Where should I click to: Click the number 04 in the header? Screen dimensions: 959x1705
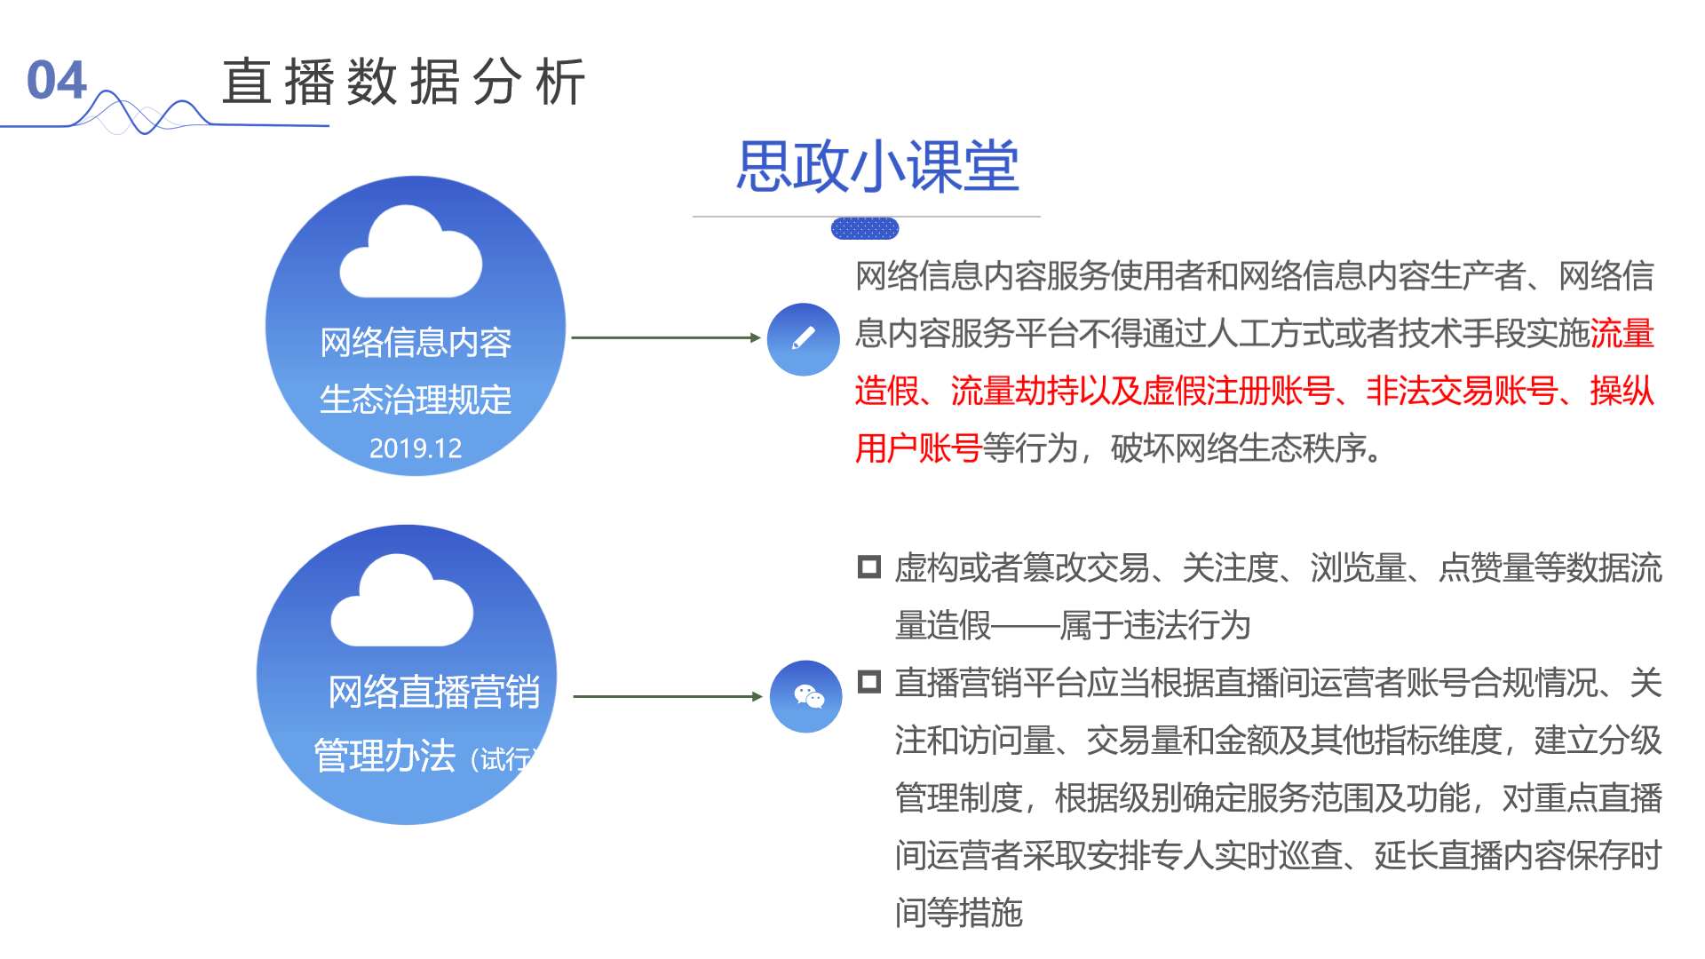[56, 81]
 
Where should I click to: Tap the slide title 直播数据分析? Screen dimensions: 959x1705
[403, 82]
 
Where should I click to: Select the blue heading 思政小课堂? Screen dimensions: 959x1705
[877, 166]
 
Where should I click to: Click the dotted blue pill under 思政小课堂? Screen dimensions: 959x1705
[865, 229]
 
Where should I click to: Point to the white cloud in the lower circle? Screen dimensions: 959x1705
[401, 603]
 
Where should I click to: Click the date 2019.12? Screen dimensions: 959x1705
[416, 448]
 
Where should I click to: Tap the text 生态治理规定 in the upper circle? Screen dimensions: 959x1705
[416, 400]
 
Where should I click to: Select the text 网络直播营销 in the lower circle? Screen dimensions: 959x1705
[434, 692]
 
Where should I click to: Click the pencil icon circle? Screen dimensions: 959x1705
[804, 339]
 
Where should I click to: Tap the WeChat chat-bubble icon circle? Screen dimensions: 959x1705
[806, 697]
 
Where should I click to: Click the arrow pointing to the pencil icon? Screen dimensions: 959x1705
[666, 337]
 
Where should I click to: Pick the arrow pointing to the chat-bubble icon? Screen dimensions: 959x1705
[668, 696]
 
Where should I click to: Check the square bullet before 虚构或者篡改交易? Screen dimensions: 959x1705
[868, 567]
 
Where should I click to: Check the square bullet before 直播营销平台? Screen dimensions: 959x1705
[868, 682]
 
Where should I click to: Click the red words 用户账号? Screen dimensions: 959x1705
[917, 448]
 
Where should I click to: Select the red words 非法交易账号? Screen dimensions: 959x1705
[1462, 391]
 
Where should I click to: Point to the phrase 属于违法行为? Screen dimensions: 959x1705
[1154, 625]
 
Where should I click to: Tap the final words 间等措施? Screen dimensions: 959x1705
[959, 913]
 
